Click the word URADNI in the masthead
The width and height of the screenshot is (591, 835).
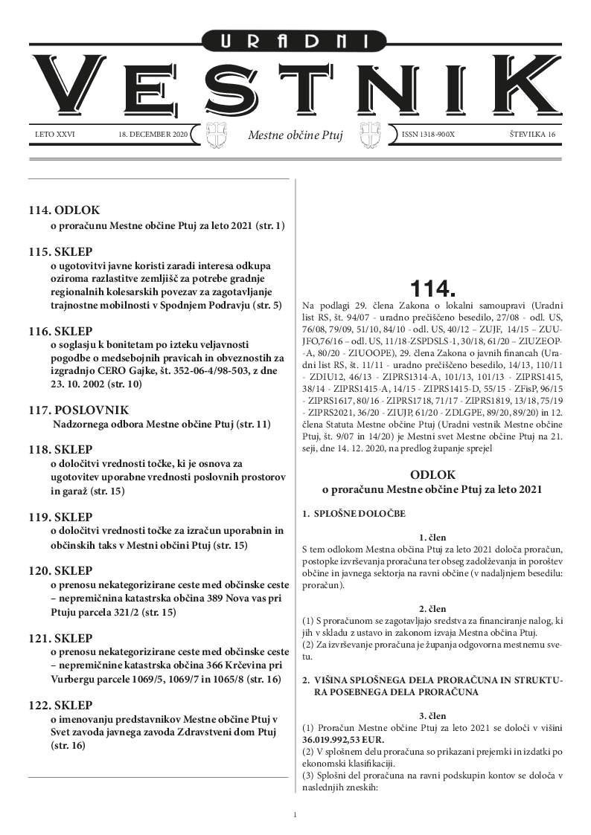tap(295, 43)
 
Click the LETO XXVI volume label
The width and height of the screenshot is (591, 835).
tap(55, 135)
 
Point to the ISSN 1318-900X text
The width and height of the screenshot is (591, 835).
tap(428, 135)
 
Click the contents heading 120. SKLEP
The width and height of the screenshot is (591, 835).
tap(61, 571)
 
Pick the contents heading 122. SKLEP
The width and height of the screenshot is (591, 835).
tap(61, 705)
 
